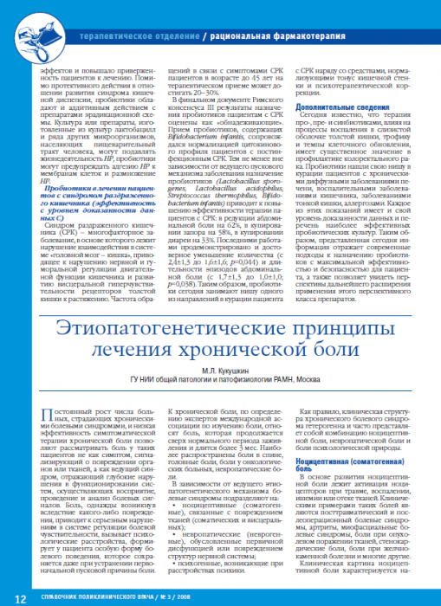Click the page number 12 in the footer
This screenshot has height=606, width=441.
(x=21, y=596)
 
